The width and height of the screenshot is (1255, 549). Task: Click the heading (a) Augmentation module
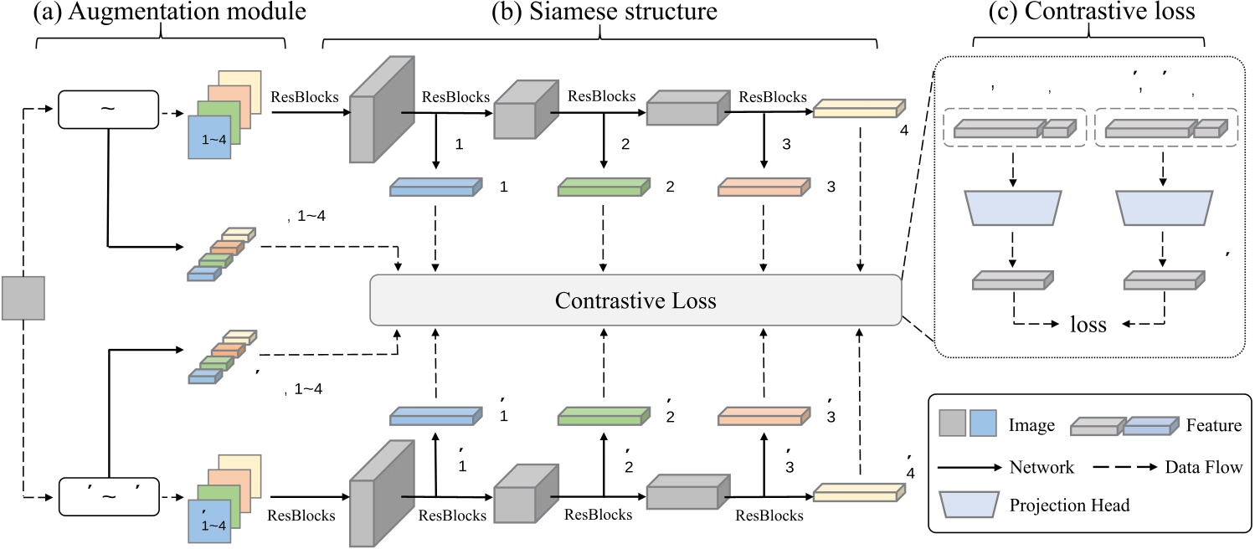(161, 13)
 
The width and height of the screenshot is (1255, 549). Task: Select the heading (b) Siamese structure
(599, 13)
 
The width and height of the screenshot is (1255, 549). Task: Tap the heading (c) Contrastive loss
(1088, 13)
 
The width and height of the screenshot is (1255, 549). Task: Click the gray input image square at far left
(23, 299)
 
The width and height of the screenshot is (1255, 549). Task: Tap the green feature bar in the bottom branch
(604, 414)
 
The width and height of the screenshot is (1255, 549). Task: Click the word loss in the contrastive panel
(1088, 325)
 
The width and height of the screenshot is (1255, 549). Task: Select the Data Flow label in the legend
(1203, 467)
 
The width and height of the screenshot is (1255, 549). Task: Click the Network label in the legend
(1041, 467)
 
